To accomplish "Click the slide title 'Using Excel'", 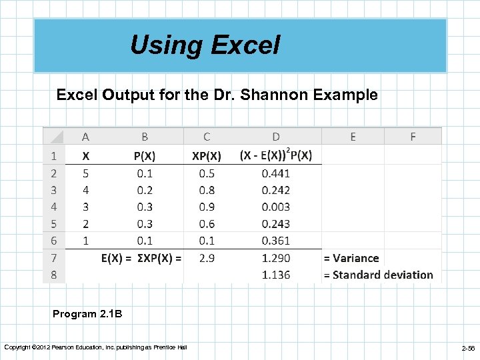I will (x=205, y=45).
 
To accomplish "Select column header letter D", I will (x=276, y=137).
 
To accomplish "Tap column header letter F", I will (x=413, y=137).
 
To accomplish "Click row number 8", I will (x=53, y=275).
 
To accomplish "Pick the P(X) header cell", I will (x=145, y=156).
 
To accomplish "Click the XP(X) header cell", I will (x=207, y=156).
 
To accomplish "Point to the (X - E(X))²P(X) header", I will (x=276, y=155).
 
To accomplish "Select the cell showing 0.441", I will (x=276, y=173).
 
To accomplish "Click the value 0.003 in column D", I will (x=276, y=207).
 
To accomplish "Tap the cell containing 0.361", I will (x=276, y=241).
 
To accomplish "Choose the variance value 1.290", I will (x=276, y=258).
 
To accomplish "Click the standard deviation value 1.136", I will (x=276, y=275).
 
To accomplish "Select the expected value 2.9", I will (x=207, y=258).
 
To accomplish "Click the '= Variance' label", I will (x=351, y=258).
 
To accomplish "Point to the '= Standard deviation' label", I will (x=378, y=275).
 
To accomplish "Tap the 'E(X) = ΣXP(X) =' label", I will (x=141, y=258).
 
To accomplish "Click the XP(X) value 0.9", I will (x=207, y=207).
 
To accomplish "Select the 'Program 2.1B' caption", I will (x=87, y=314).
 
